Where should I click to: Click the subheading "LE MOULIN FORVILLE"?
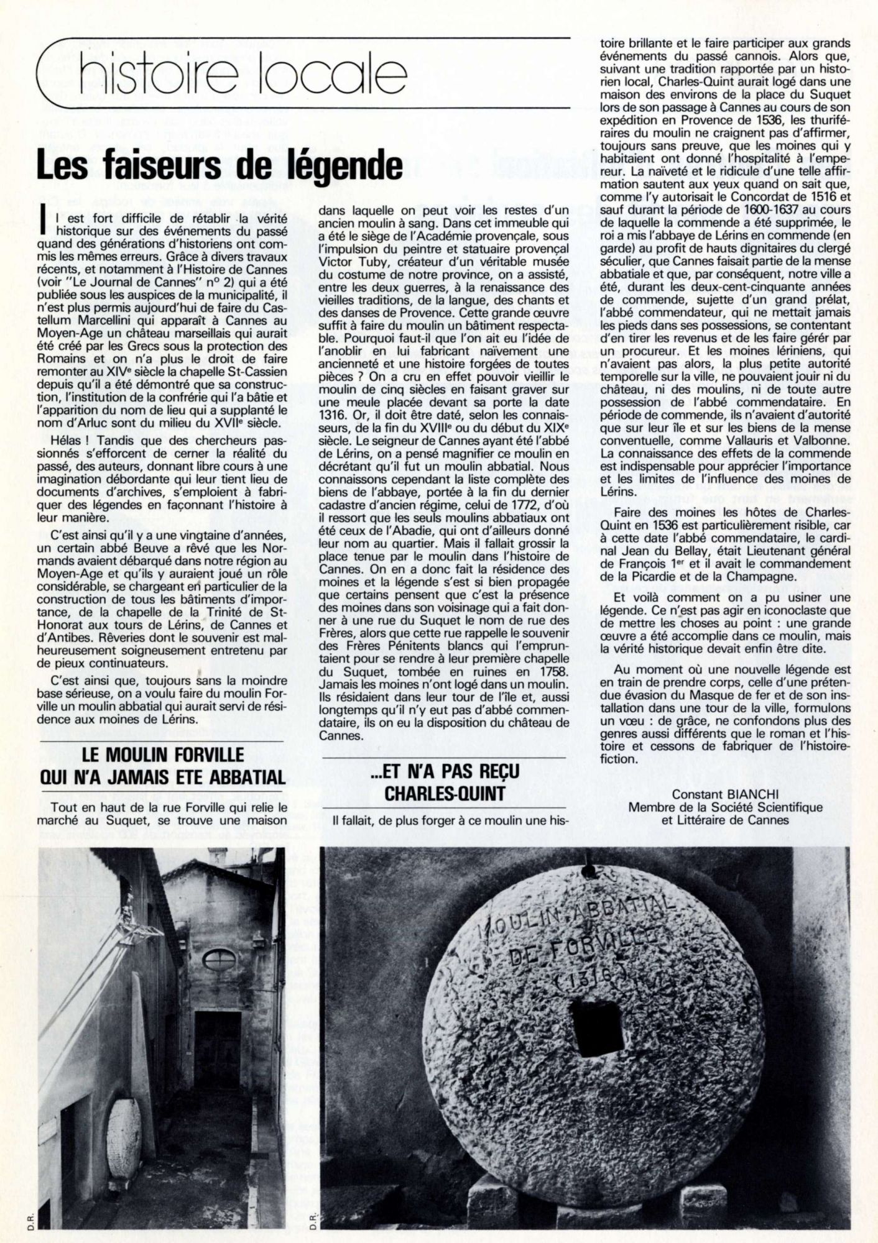164,755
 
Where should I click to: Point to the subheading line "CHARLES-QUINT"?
445,792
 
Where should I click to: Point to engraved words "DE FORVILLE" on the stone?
582,945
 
